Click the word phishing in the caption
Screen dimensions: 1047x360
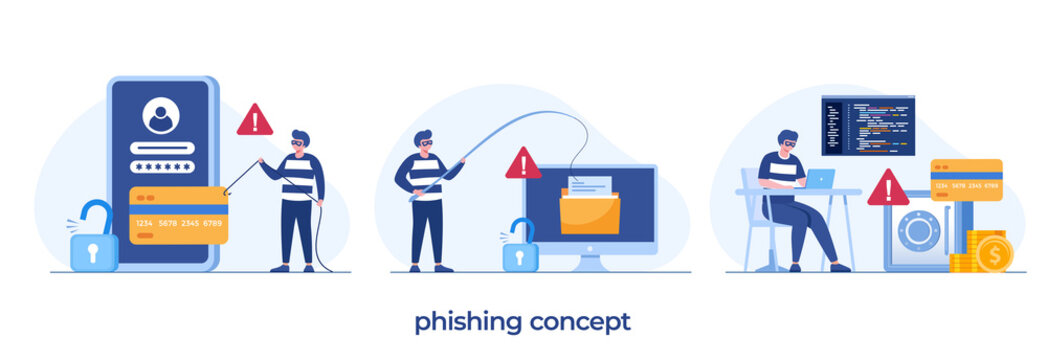pos(468,322)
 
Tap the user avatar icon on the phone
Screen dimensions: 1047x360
pos(160,116)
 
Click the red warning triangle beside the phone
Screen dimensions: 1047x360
pos(255,121)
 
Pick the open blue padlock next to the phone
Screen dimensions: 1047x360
pos(94,240)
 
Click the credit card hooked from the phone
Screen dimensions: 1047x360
pos(179,215)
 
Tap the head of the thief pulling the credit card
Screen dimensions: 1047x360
pos(299,141)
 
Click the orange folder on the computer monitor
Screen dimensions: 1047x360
pos(589,213)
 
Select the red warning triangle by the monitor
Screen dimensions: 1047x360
pos(523,165)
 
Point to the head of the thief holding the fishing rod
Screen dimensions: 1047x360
pos(423,141)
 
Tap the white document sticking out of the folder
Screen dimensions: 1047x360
pos(589,185)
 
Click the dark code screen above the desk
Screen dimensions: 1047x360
pos(868,125)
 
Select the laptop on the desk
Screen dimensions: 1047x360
pos(820,179)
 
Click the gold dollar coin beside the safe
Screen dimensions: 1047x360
pos(994,254)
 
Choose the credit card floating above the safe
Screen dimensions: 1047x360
pos(966,180)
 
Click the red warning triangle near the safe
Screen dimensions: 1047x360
pos(888,189)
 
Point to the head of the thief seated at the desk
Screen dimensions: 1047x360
pos(788,141)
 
